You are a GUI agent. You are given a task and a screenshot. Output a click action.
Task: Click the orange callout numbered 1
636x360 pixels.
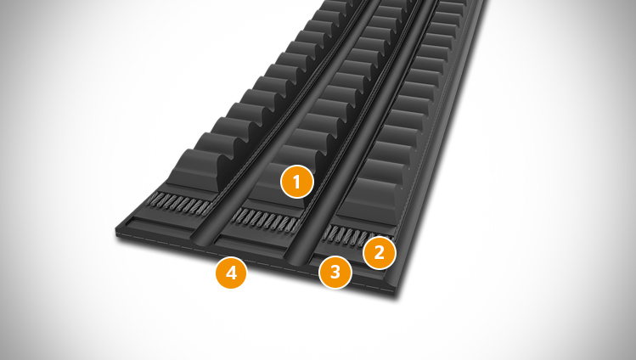coord(297,182)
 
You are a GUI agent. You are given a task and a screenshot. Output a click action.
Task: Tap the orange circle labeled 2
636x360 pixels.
coord(380,252)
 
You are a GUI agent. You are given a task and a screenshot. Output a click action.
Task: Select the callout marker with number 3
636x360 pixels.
coord(335,272)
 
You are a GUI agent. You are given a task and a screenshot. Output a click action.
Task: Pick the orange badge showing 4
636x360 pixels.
coord(231,273)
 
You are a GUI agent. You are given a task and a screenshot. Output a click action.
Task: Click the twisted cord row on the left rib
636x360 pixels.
coord(178,200)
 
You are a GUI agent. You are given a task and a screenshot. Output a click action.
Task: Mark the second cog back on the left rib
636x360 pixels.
coord(215,144)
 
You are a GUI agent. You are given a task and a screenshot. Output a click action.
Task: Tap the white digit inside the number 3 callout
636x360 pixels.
coord(335,272)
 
